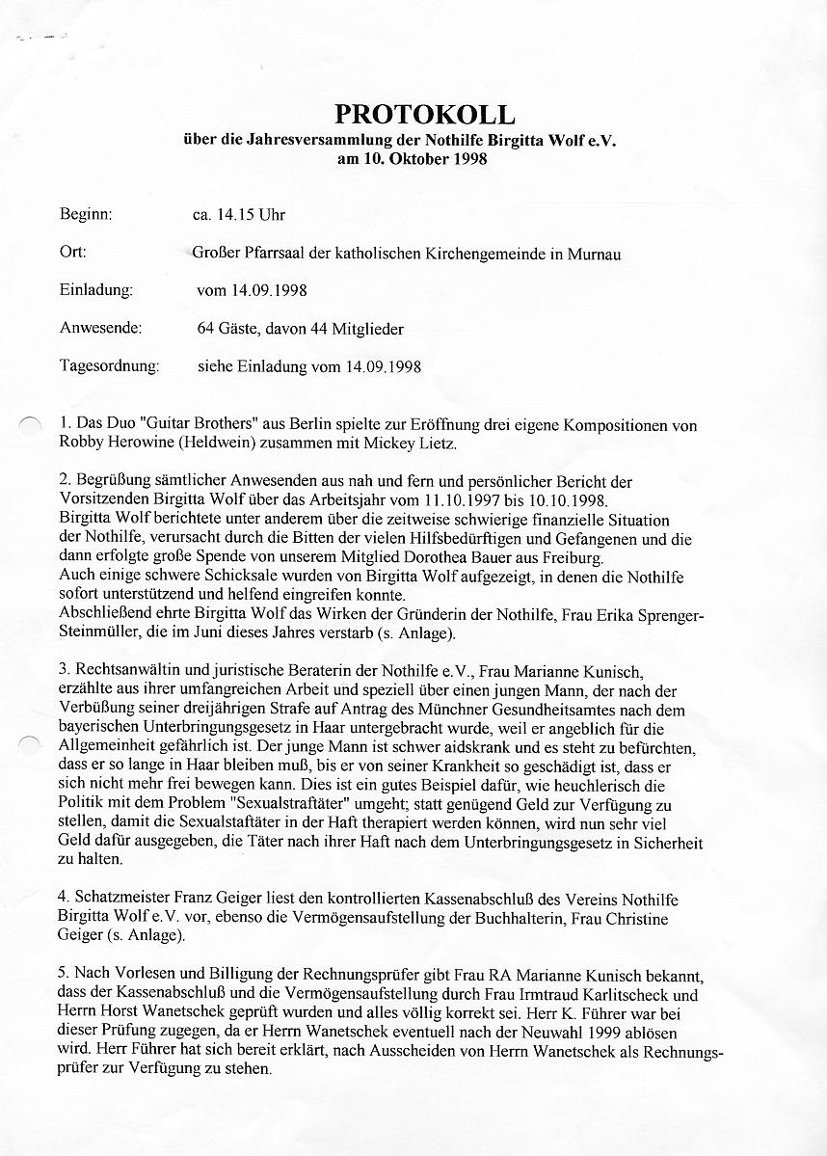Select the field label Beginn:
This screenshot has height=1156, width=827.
click(87, 215)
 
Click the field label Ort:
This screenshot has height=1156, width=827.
click(73, 253)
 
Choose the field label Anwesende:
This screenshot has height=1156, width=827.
click(101, 328)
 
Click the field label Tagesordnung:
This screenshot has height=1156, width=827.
click(109, 366)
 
